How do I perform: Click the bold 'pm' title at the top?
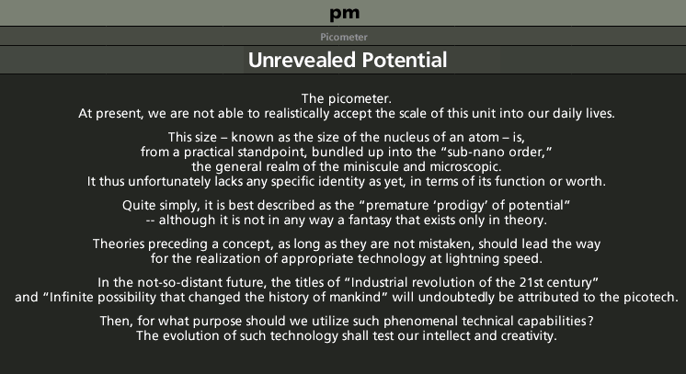click(344, 13)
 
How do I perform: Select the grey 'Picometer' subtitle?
click(343, 37)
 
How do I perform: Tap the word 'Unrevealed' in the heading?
click(302, 60)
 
